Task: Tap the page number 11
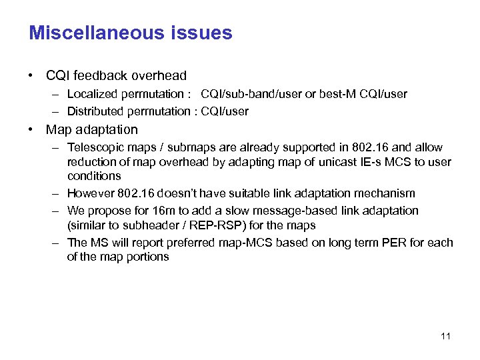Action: point(445,336)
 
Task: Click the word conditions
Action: point(94,177)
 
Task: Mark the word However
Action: point(91,193)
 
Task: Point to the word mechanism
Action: point(384,193)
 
